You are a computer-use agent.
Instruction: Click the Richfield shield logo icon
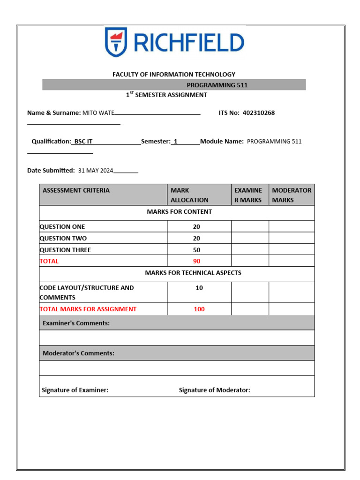116,42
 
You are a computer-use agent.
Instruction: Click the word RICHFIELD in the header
188,43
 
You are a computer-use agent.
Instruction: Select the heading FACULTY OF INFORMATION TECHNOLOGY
173,75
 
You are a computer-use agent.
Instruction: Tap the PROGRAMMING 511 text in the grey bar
217,85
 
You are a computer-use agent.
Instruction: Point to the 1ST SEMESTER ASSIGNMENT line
166,95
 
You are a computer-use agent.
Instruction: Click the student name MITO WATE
98,113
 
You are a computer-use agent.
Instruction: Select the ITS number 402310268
259,113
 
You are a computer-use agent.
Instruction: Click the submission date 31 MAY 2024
96,171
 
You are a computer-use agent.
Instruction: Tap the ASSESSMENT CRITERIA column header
76,190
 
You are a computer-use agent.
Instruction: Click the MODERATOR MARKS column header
292,195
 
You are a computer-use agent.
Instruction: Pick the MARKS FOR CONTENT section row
179,212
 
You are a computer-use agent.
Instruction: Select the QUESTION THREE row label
65,250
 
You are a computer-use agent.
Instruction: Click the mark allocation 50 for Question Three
196,250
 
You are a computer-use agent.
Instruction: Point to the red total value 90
196,261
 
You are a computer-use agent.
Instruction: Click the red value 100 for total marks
199,309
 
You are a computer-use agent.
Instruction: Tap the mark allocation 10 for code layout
199,288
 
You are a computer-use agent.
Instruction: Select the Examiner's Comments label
76,323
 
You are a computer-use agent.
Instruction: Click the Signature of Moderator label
214,390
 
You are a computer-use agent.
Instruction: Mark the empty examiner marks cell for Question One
250,226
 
